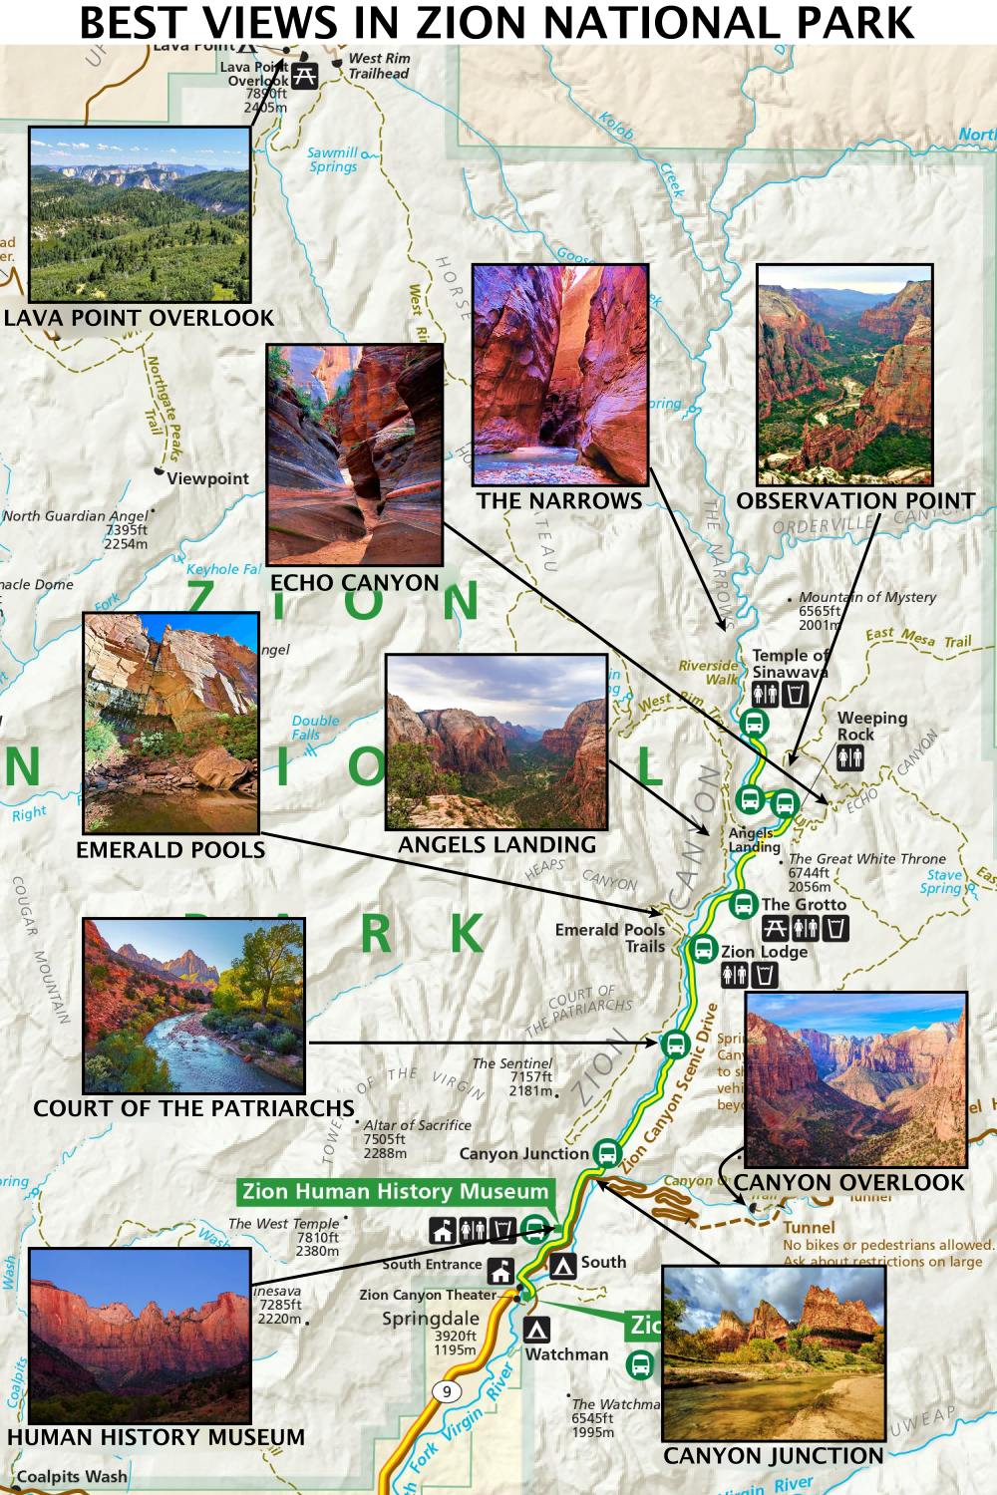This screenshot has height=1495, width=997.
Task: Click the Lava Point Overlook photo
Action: (140, 214)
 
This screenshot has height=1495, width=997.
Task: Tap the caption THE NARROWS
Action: (559, 501)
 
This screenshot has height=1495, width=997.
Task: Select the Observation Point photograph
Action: (844, 375)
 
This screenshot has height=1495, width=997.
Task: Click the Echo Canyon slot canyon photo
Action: (355, 454)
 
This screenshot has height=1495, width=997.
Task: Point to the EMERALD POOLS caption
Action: (170, 850)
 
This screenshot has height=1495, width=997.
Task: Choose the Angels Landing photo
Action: (497, 742)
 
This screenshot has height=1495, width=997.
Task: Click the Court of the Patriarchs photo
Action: (193, 1005)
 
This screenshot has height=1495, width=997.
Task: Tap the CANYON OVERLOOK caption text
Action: (849, 1183)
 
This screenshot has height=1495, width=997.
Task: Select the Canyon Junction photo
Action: (774, 1352)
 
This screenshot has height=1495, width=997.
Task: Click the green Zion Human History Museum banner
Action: (396, 1192)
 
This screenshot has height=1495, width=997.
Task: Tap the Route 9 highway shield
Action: (446, 1391)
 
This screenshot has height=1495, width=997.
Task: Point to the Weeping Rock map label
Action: (871, 726)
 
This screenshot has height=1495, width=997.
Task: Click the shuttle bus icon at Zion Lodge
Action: (704, 949)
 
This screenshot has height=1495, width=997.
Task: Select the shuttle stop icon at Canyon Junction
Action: (605, 1153)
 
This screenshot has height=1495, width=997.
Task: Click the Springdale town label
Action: (431, 1319)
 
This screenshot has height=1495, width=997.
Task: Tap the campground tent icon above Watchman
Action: (537, 1330)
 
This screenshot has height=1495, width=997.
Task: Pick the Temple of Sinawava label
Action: (790, 663)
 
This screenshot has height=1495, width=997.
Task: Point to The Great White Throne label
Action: (866, 858)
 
